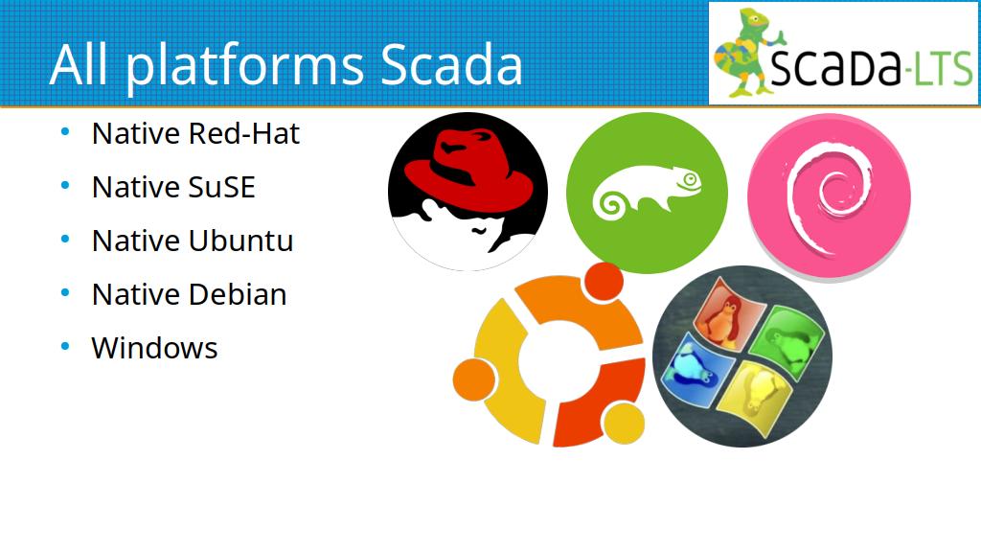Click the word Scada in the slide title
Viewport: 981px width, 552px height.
(x=451, y=64)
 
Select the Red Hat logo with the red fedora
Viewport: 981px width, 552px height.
(x=468, y=192)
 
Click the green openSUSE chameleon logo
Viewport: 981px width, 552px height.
(x=647, y=193)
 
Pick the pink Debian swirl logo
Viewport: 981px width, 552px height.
(x=829, y=195)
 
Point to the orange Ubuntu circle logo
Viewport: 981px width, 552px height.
(x=549, y=355)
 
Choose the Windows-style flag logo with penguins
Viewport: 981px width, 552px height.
(x=742, y=356)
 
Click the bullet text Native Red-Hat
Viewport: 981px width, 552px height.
(x=195, y=133)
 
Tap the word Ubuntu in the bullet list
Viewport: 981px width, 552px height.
(x=240, y=241)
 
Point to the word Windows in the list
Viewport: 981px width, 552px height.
(x=154, y=349)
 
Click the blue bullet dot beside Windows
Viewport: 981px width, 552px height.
(x=66, y=347)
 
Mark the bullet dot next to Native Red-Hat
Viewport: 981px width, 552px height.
(x=66, y=131)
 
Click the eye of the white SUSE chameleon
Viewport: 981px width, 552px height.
(x=691, y=179)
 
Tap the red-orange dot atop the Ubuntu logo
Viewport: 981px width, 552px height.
(x=604, y=282)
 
